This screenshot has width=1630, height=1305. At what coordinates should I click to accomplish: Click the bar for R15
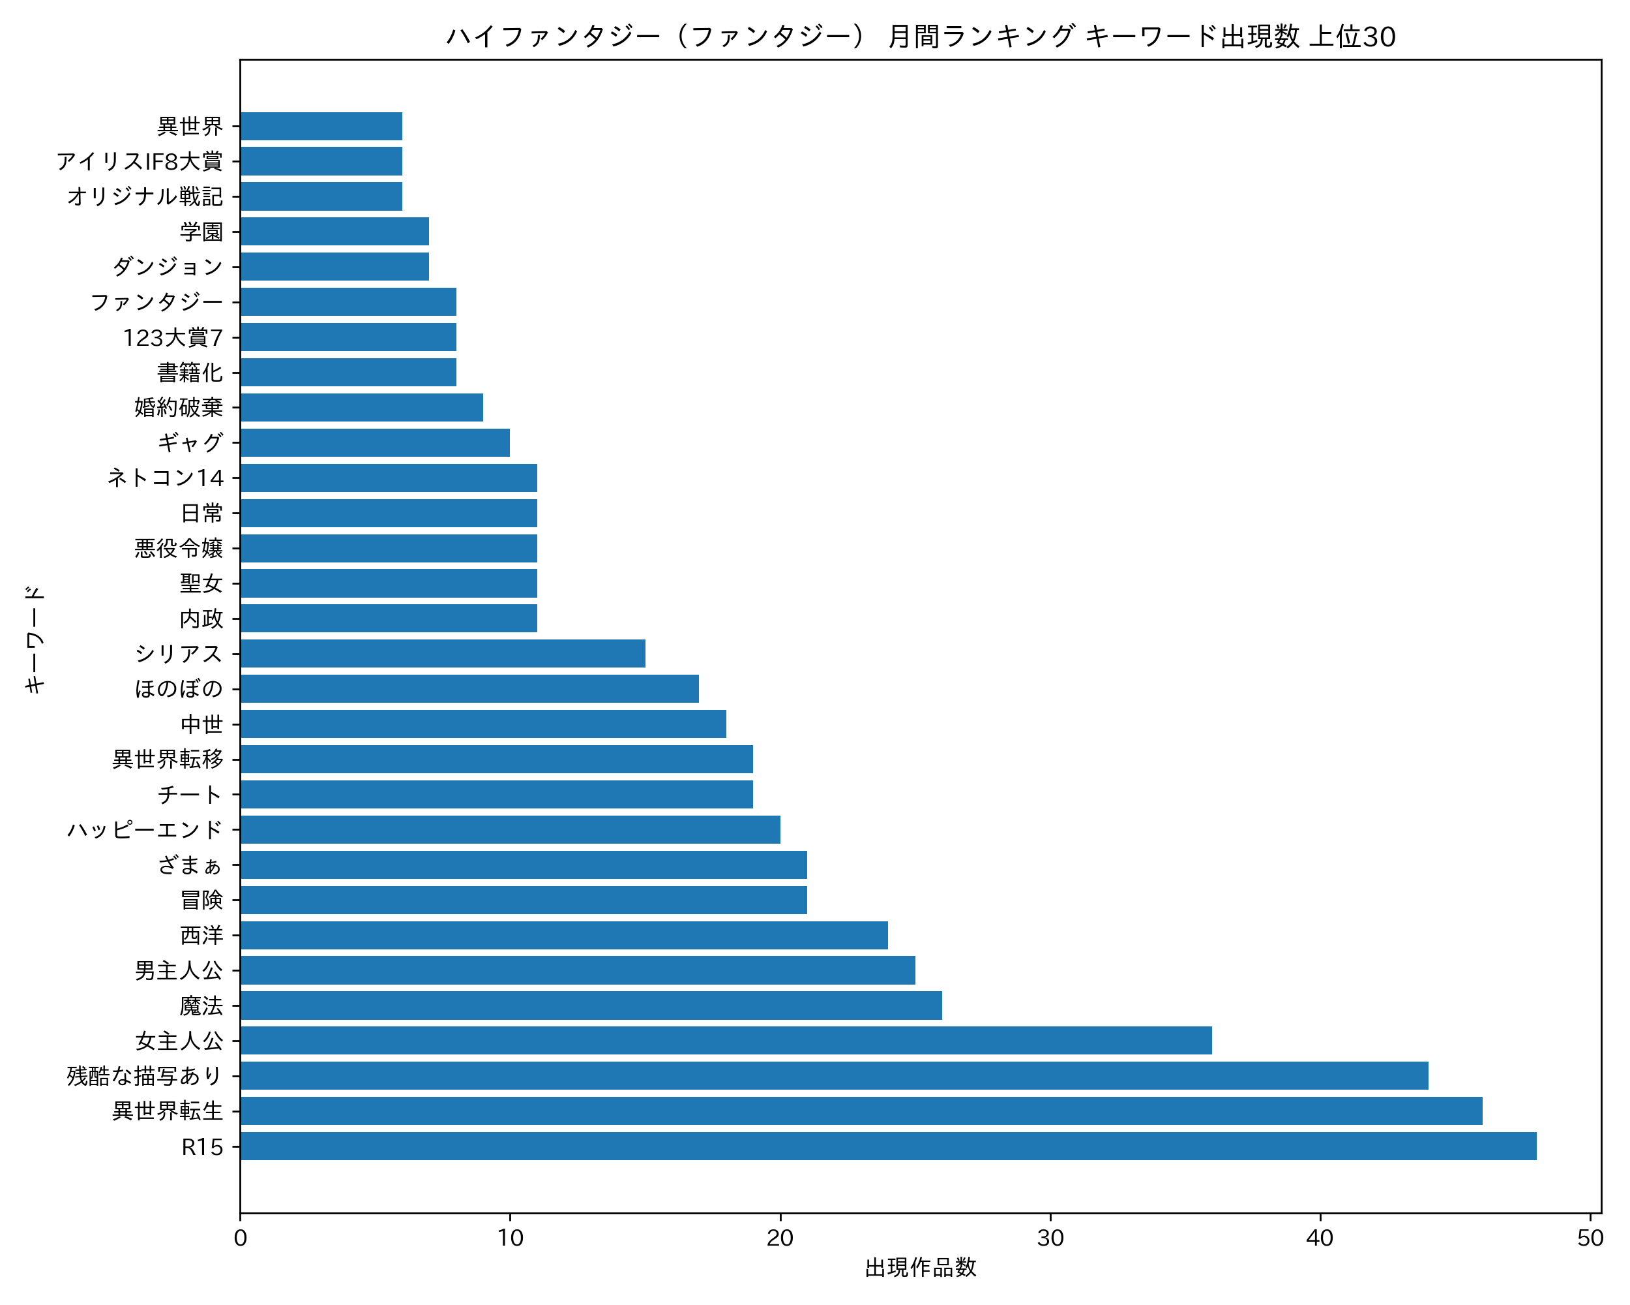[888, 1146]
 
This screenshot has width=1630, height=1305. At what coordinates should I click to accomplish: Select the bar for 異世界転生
[861, 1111]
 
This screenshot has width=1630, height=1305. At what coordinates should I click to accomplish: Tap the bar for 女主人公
[726, 1040]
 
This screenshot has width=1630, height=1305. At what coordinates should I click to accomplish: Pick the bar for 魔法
[591, 1006]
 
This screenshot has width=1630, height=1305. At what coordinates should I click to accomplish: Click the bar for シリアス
[442, 654]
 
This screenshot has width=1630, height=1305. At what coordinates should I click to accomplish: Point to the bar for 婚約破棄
[361, 407]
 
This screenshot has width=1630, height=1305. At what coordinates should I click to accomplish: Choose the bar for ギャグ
[375, 442]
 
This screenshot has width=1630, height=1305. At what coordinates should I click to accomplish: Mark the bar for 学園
[334, 232]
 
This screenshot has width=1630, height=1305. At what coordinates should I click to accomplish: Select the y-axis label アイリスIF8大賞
[140, 161]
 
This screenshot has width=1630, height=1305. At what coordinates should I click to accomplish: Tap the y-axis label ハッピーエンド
[145, 830]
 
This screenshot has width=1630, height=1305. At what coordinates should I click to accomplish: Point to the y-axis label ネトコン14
[166, 478]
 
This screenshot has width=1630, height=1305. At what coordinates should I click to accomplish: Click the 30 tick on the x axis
[1050, 1238]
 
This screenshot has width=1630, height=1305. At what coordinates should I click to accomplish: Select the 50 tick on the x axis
[1591, 1238]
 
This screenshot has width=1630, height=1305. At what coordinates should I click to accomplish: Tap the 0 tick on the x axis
[241, 1238]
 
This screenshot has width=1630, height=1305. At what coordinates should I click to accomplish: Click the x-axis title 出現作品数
[920, 1268]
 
